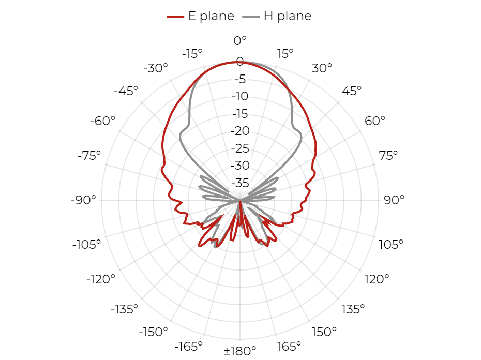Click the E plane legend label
[211, 16]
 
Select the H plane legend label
[288, 16]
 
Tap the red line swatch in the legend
[175, 16]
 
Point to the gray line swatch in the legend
[251, 16]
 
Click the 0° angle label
[240, 40]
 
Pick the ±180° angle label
[240, 351]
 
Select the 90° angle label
[394, 200]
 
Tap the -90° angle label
[83, 200]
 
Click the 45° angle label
[352, 91]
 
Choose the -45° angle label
[126, 91]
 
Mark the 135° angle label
[353, 309]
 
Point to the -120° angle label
[101, 279]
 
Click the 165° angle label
[289, 347]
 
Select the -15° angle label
[192, 54]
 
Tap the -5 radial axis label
[240, 79]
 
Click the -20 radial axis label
[240, 131]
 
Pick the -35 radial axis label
[240, 183]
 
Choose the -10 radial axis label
[240, 96]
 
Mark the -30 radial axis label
[240, 166]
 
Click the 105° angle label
[391, 245]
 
